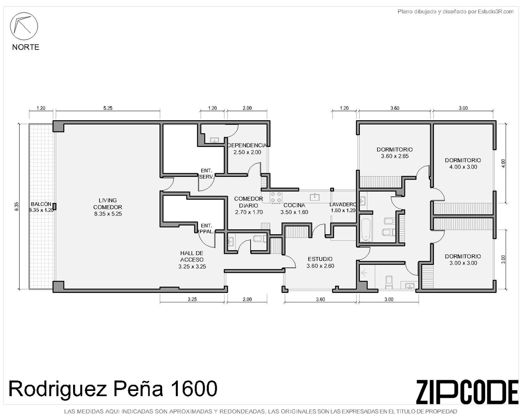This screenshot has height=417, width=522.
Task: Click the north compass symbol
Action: coord(24,26)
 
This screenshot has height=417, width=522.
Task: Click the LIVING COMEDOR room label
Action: coord(108,207)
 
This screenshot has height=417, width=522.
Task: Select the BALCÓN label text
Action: coord(41,204)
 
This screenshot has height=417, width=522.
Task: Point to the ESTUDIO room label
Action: coord(320,259)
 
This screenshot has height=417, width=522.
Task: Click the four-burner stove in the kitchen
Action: coord(276,197)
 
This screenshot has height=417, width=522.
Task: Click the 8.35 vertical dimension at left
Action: coord(16,206)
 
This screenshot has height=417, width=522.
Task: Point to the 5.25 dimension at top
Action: coord(108,108)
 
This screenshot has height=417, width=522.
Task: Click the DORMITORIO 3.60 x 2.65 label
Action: coord(395,153)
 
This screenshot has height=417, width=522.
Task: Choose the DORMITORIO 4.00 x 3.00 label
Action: coord(463,163)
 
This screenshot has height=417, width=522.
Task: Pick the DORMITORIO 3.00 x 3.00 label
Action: coord(463,260)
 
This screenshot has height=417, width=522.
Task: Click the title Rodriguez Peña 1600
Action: coord(113,389)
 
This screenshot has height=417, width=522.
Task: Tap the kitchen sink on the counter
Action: coord(315,197)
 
